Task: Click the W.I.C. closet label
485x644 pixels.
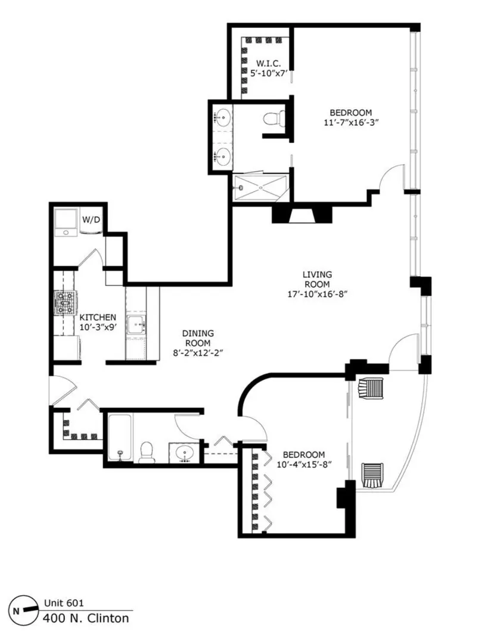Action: (269, 64)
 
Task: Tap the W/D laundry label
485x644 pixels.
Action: (91, 219)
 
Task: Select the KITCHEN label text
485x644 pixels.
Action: (98, 317)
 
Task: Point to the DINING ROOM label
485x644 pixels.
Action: (198, 338)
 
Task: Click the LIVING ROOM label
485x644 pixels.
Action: (317, 279)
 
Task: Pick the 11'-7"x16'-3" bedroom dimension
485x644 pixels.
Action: (351, 122)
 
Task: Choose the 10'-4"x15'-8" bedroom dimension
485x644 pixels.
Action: (304, 464)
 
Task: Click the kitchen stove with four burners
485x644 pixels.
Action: (66, 303)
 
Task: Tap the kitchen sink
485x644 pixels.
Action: (136, 326)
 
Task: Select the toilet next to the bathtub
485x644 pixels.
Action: (145, 452)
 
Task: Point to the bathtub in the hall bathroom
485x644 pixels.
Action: (120, 438)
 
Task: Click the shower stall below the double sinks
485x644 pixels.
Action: (261, 188)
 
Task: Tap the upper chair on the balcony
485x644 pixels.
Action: (370, 388)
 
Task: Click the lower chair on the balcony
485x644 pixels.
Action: (372, 475)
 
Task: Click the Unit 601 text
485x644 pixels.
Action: (64, 603)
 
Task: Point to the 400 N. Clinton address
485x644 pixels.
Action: (86, 618)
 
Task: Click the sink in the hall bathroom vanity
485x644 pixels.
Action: (184, 453)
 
